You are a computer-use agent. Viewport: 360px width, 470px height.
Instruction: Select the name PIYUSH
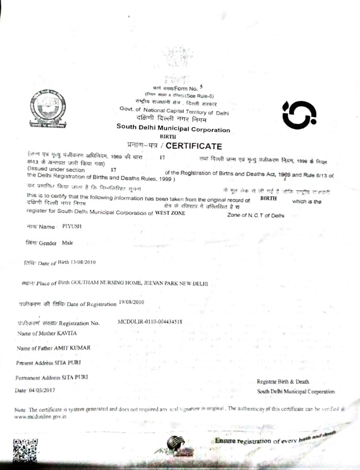(x=71, y=226)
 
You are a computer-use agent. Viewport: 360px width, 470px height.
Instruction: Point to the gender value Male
(x=68, y=242)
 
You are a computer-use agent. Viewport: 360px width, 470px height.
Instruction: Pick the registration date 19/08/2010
(x=132, y=302)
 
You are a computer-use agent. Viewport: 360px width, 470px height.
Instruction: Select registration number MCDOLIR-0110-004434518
(x=150, y=322)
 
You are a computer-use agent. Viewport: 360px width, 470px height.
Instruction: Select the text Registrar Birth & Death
(x=283, y=382)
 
